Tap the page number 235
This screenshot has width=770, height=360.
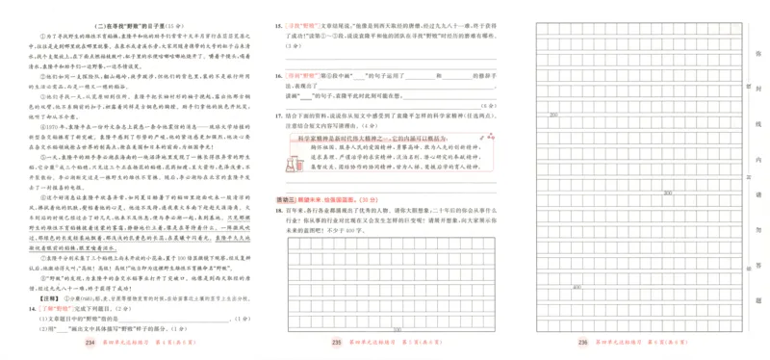coord(336,342)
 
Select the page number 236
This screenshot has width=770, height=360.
coord(582,342)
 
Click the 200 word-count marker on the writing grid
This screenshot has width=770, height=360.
coord(553,114)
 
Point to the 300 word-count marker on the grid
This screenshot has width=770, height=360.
coord(667,192)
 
